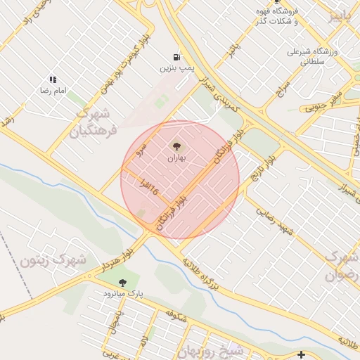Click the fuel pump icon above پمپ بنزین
[x=175, y=57]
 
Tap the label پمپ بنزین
[x=175, y=68]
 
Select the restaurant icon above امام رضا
[x=53, y=80]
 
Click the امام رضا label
[x=53, y=91]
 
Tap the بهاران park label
[x=176, y=159]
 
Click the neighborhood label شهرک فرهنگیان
[x=94, y=122]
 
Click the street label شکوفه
[x=175, y=316]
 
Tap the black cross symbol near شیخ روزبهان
[x=302, y=354]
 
